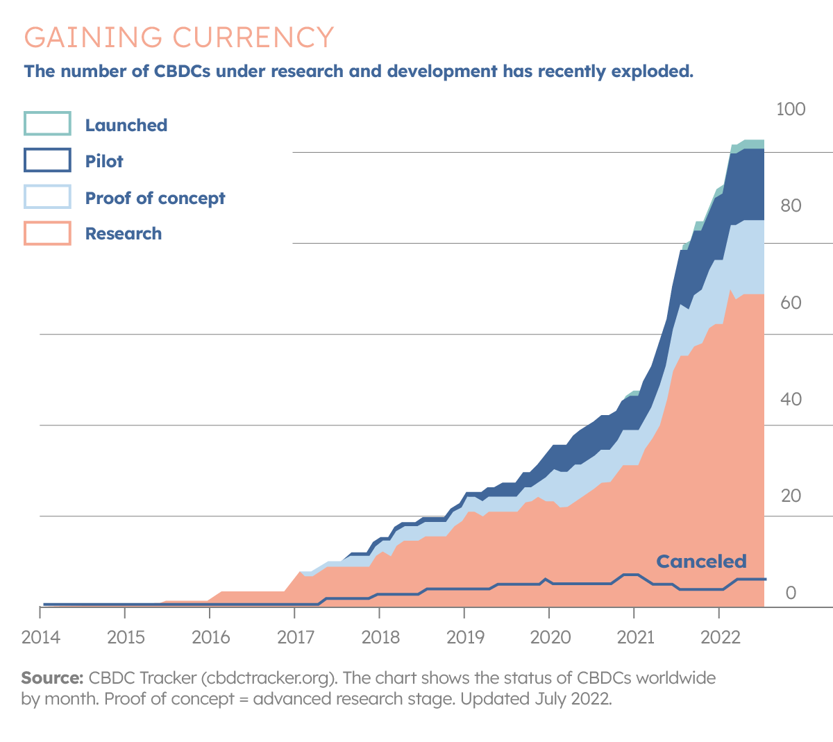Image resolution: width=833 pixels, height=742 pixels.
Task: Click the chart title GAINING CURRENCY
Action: tap(179, 37)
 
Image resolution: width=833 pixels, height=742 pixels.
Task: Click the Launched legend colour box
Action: tap(47, 124)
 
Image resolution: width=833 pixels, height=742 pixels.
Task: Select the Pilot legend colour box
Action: tap(47, 160)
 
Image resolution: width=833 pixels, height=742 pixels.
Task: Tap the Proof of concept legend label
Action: tap(155, 198)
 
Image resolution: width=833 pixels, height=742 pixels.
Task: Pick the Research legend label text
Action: tap(123, 234)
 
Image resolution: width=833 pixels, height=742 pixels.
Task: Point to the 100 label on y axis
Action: tap(791, 109)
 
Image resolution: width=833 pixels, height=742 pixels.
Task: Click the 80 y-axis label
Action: tap(791, 205)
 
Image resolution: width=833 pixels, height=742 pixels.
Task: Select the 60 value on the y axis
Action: tap(791, 303)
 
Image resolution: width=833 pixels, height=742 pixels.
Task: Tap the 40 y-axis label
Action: tap(791, 399)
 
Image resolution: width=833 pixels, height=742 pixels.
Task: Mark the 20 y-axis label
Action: tap(791, 496)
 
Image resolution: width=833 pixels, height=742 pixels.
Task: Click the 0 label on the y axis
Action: tap(791, 593)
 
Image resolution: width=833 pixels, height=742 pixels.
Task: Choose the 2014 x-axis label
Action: tap(41, 636)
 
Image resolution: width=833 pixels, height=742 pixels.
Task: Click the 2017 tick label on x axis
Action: tap(296, 636)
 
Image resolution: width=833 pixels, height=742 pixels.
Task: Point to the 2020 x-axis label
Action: tap(550, 636)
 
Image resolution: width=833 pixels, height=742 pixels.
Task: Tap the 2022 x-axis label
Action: tap(721, 636)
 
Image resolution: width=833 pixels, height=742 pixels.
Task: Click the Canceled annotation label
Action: tap(701, 561)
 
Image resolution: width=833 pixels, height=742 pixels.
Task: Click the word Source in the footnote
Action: tap(52, 677)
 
